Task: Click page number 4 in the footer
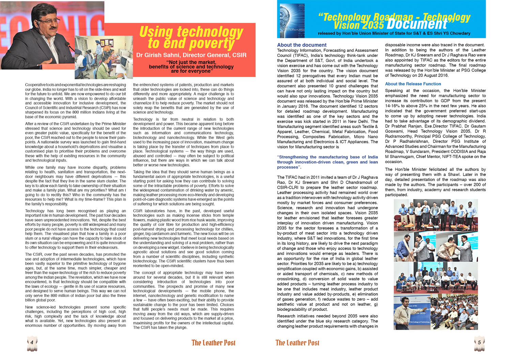click(32, 342)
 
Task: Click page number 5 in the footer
click(479, 342)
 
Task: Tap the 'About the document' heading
click(301, 45)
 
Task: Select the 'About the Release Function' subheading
click(413, 84)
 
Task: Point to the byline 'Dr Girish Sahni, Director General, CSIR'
click(191, 55)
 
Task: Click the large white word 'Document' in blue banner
click(417, 25)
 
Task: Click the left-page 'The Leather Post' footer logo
click(213, 343)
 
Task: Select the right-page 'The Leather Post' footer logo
click(297, 343)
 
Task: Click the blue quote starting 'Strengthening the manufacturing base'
click(327, 162)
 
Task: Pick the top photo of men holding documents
click(436, 215)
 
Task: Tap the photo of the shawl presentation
click(436, 246)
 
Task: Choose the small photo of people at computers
click(104, 57)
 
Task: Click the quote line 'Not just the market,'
click(191, 62)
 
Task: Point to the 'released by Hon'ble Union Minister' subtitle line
click(394, 33)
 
